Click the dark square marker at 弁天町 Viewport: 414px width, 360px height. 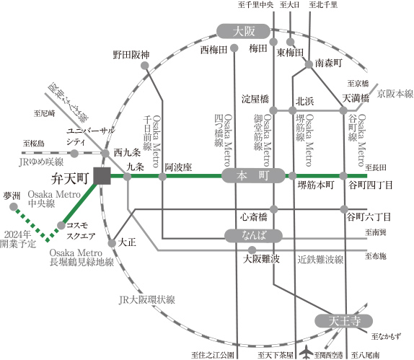[x=102, y=175]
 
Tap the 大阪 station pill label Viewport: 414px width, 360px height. [x=243, y=32]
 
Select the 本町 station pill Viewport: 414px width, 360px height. [x=253, y=175]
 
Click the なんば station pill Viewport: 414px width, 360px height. [x=253, y=236]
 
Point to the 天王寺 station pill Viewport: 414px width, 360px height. [x=343, y=321]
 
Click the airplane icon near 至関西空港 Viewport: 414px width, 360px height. [x=307, y=352]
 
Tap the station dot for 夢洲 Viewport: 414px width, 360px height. [x=14, y=207]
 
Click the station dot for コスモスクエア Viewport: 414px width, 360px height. [x=61, y=225]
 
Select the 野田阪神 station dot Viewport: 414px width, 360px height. [x=145, y=66]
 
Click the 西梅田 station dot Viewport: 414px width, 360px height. [x=234, y=48]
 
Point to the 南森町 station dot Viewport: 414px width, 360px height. [x=309, y=64]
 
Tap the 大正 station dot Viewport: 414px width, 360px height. [x=112, y=243]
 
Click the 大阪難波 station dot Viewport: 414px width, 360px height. [x=252, y=250]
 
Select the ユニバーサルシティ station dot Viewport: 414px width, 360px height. [x=74, y=153]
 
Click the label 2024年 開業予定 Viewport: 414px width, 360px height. [x=18, y=239]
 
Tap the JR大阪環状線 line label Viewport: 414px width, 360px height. [x=147, y=300]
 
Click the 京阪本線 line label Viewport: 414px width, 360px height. [x=395, y=94]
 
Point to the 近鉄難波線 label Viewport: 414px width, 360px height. [x=320, y=260]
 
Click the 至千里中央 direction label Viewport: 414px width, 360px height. [x=255, y=5]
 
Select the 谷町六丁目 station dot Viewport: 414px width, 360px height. [x=344, y=209]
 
